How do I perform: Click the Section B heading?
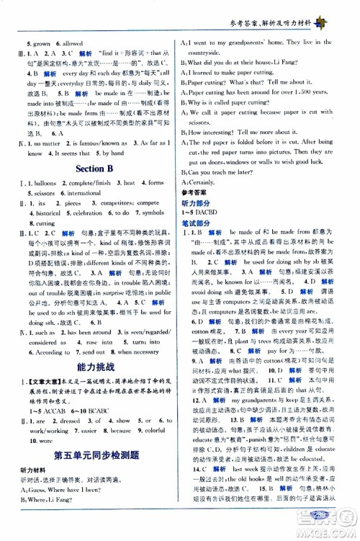(x=91, y=169)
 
